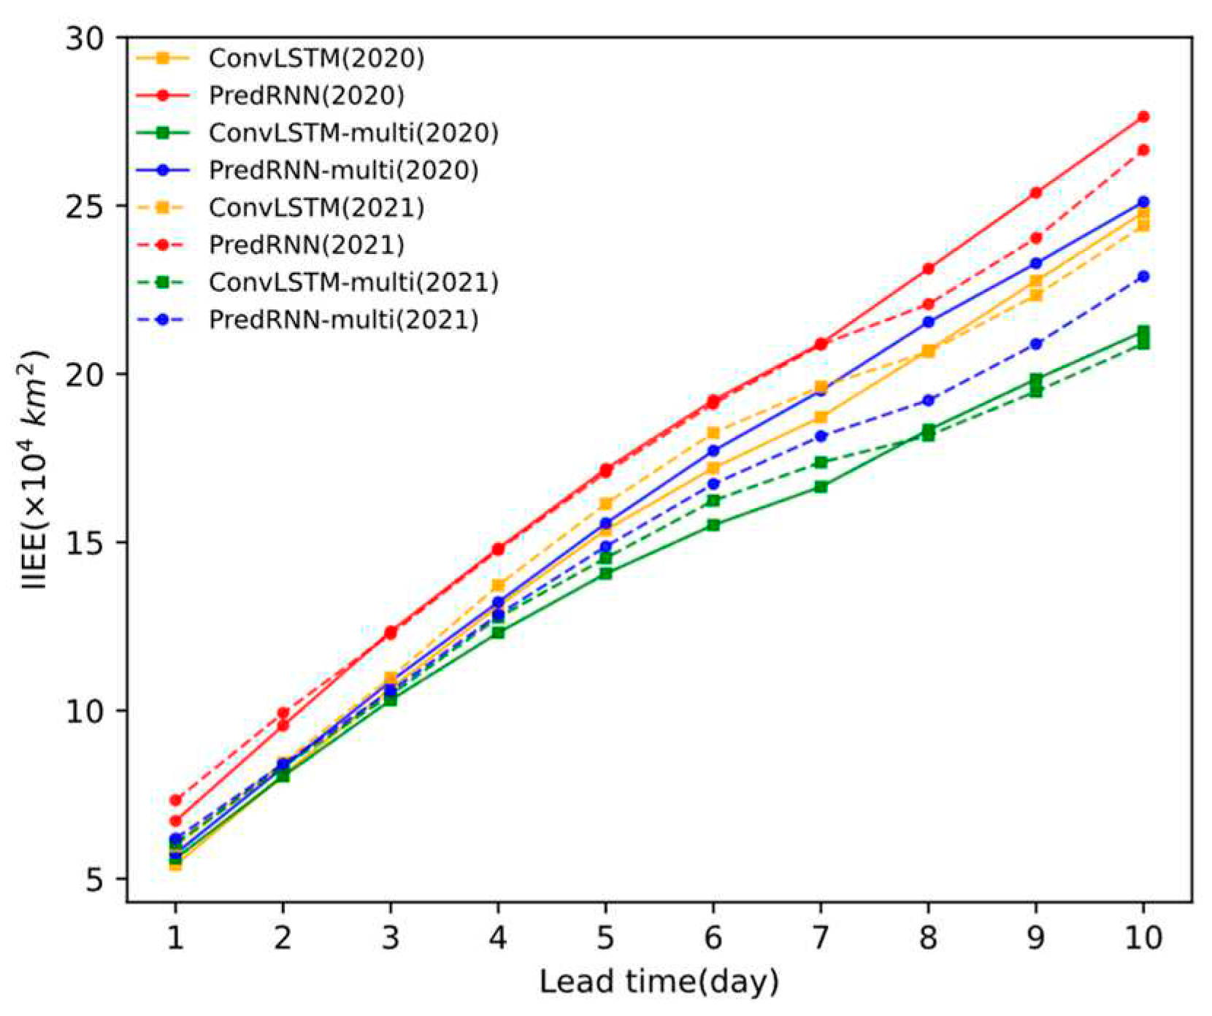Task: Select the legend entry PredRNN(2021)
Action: (306, 245)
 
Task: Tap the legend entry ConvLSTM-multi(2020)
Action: (353, 133)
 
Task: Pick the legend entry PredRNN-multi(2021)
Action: (343, 320)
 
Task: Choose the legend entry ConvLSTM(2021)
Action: (315, 207)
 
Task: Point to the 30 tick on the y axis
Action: (85, 38)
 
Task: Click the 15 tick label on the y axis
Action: (85, 542)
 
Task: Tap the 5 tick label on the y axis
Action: (95, 880)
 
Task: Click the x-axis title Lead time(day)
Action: (659, 982)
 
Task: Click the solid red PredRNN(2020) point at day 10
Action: (1143, 117)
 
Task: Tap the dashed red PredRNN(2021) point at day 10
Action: (1143, 150)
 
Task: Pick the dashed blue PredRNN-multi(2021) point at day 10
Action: (1143, 277)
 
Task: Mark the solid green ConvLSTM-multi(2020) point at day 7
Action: (821, 487)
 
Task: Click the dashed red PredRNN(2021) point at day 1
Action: (175, 801)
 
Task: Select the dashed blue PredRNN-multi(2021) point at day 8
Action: (928, 401)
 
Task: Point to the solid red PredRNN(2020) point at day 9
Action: (1035, 193)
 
